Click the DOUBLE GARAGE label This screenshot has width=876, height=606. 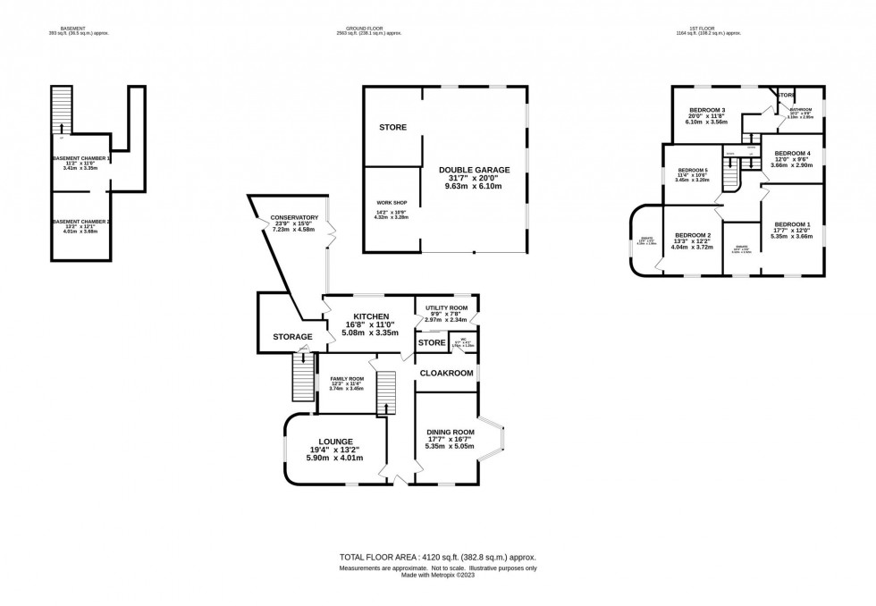coord(474,170)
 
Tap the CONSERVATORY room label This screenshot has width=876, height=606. coord(296,217)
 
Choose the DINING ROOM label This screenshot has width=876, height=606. coord(451,432)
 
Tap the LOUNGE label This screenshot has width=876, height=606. coord(331,442)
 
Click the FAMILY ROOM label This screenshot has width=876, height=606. coord(347,379)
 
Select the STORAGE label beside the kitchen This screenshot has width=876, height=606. coord(292,337)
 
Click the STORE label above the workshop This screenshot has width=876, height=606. coord(392,128)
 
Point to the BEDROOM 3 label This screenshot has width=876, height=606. coord(706,110)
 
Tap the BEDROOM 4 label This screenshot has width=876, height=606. coord(792,153)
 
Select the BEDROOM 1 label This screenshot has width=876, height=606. coord(792,223)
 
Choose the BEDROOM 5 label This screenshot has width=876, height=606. coord(693,170)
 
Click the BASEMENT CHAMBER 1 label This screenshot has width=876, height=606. coord(81,158)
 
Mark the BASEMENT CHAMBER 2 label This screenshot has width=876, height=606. coord(81,221)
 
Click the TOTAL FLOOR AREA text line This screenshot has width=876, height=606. coord(437,556)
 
